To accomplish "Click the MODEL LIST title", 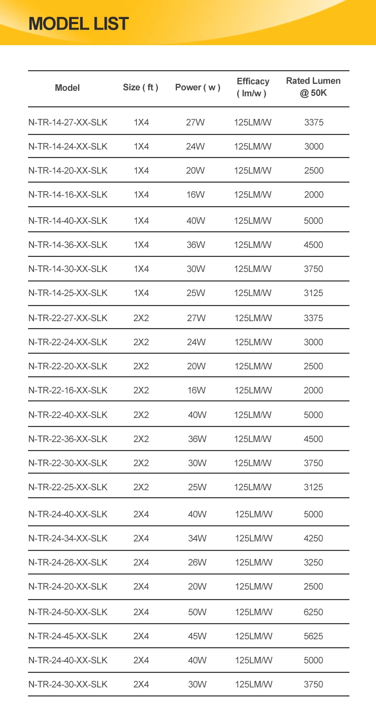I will pyautogui.click(x=79, y=24).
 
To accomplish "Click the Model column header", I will pyautogui.click(x=67, y=88).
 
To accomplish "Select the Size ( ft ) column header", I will pyautogui.click(x=140, y=88).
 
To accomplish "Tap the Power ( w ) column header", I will pyautogui.click(x=198, y=88).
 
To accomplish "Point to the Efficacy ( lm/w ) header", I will pyautogui.click(x=253, y=87).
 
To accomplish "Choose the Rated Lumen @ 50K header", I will pyautogui.click(x=313, y=87).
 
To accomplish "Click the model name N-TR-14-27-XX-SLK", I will pyautogui.click(x=68, y=122).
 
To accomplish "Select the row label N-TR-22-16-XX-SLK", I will pyautogui.click(x=68, y=390).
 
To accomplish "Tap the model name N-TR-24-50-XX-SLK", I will pyautogui.click(x=68, y=612).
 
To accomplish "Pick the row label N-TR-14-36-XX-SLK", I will pyautogui.click(x=68, y=245).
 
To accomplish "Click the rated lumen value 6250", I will pyautogui.click(x=313, y=612).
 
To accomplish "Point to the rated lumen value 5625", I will pyautogui.click(x=313, y=636).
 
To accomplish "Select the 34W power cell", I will pyautogui.click(x=197, y=538).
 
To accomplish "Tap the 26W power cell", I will pyautogui.click(x=197, y=562).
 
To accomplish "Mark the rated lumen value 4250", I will pyautogui.click(x=313, y=538).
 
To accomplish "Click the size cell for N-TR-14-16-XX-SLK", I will pyautogui.click(x=141, y=195).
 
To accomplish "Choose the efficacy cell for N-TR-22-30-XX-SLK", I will pyautogui.click(x=253, y=463).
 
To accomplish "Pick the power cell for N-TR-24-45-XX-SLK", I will pyautogui.click(x=197, y=636).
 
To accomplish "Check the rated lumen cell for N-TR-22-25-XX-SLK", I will pyautogui.click(x=313, y=487).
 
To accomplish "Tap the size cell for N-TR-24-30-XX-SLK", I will pyautogui.click(x=141, y=684).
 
